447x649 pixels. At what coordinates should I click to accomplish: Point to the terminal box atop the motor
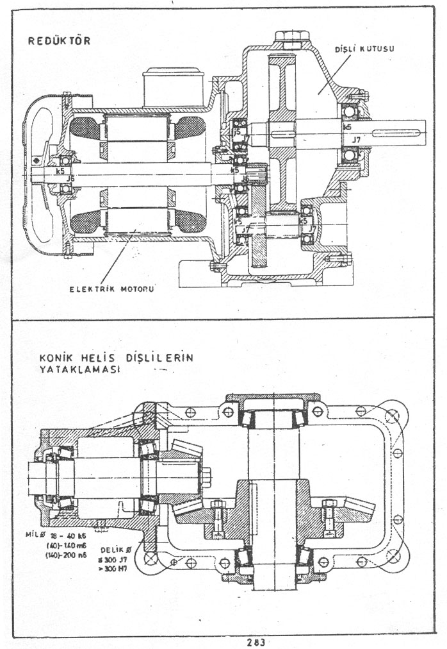coord(173,87)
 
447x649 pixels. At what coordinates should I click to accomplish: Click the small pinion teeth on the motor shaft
coord(257,173)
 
